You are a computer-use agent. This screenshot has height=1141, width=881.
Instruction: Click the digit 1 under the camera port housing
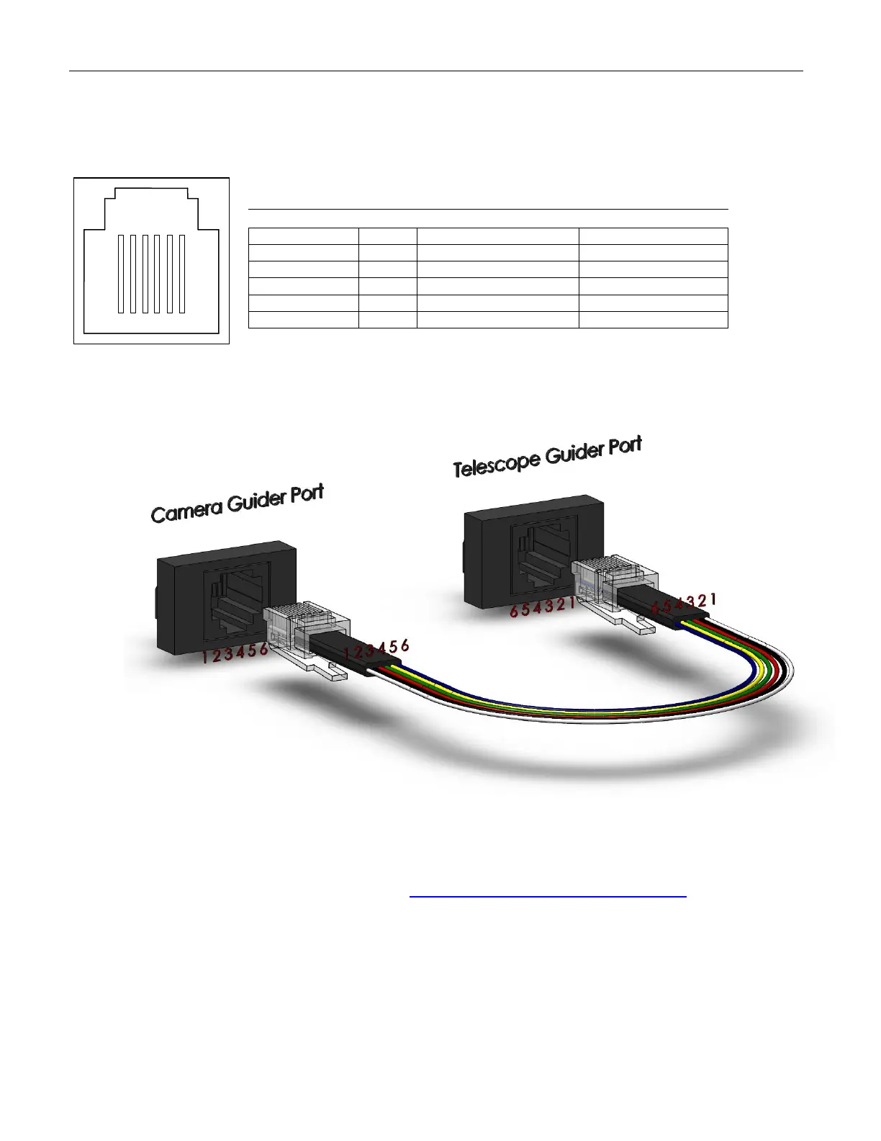pos(205,656)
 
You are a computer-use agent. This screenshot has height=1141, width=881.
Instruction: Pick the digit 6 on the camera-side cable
pos(405,645)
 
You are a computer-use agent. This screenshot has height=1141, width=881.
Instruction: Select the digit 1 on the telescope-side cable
pos(713,599)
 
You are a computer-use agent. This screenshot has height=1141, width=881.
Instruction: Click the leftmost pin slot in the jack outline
pos(122,274)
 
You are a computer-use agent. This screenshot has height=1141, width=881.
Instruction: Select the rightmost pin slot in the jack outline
pos(182,274)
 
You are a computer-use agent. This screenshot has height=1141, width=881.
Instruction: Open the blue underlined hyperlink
pos(548,891)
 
